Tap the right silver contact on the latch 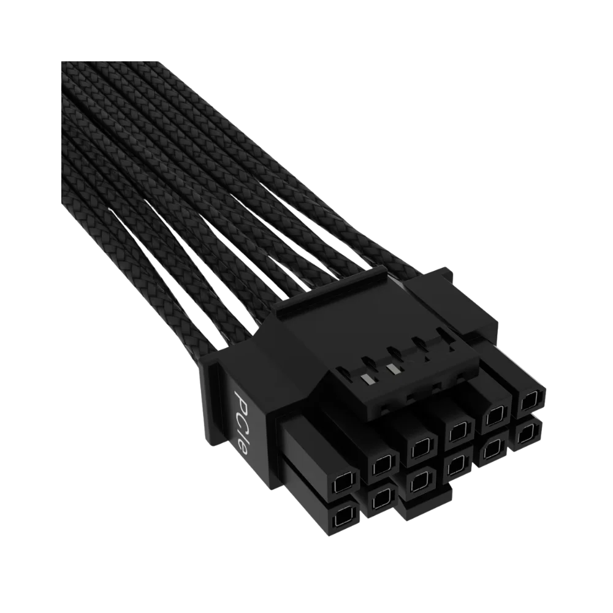pos(391,368)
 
